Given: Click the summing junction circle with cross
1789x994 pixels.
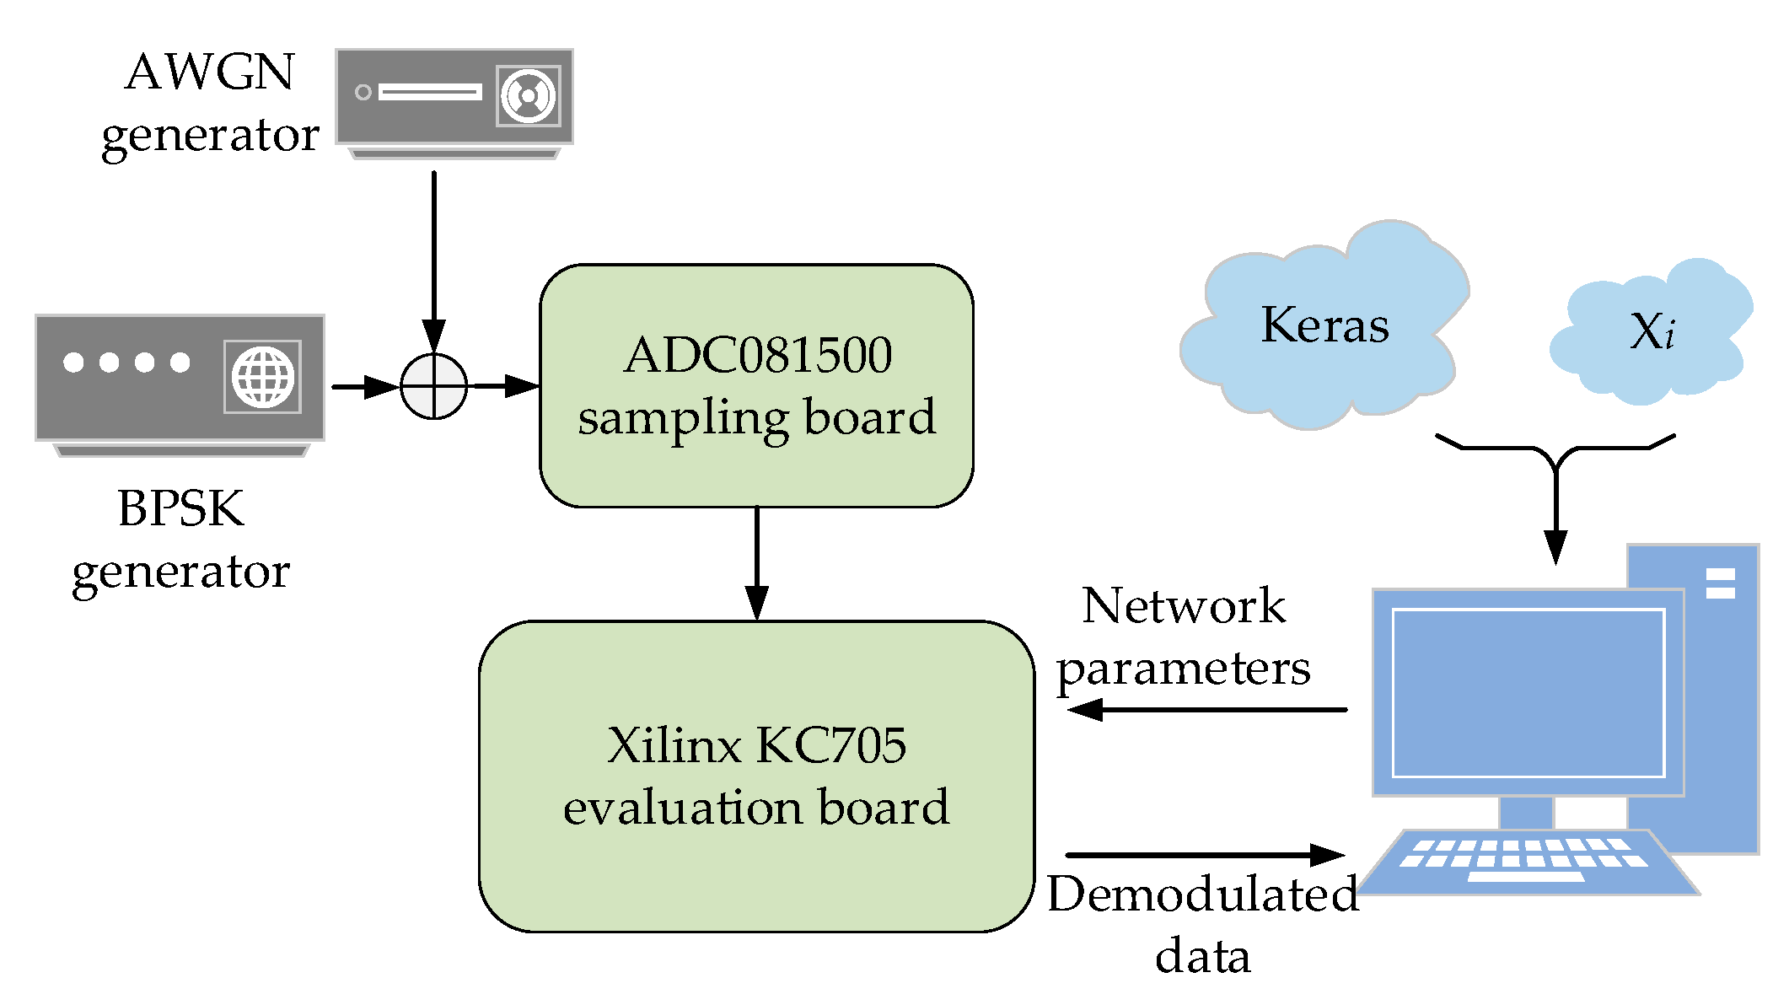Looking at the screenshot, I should (x=433, y=386).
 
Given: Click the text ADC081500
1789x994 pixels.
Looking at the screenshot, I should (x=757, y=355).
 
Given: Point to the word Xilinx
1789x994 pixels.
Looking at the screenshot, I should (x=674, y=745).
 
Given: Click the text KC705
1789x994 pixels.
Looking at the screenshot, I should (x=831, y=745).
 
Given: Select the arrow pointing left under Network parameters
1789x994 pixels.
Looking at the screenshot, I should (x=1206, y=709).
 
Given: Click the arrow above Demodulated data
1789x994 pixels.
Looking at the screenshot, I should (x=1206, y=855).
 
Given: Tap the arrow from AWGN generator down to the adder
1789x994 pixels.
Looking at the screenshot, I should (x=433, y=253).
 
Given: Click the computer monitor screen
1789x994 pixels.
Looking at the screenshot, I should (x=1528, y=692).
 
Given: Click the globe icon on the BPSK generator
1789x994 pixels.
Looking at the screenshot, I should (x=263, y=377).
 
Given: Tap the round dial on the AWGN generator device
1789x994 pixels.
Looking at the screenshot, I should (x=528, y=96).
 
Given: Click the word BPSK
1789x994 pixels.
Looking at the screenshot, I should (x=180, y=508).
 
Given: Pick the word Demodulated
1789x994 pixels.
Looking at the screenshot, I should (x=1202, y=894).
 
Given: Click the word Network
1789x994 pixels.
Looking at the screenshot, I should (x=1184, y=605).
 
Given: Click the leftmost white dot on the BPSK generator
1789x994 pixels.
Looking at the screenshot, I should (x=73, y=362).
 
